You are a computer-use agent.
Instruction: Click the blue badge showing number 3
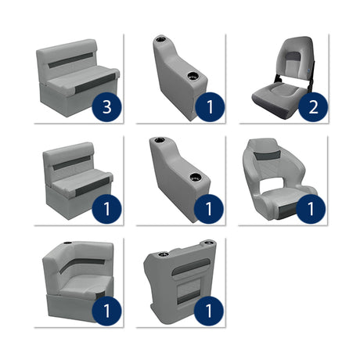(106, 107)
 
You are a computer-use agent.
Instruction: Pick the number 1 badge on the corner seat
(106, 311)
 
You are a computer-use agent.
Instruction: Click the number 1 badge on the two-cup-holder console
(209, 311)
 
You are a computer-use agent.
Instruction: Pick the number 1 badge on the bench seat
(106, 209)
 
